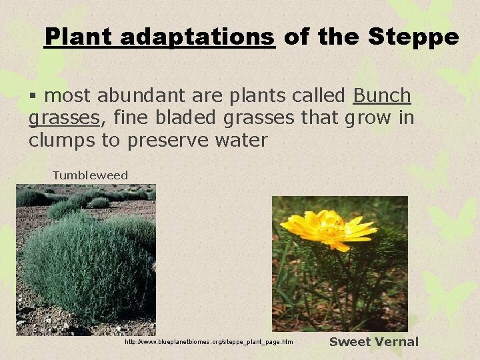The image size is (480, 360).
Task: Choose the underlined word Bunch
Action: click(x=382, y=97)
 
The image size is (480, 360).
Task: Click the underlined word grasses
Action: click(x=64, y=119)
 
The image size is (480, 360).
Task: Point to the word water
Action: click(x=241, y=141)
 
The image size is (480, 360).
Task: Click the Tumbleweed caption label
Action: click(x=90, y=175)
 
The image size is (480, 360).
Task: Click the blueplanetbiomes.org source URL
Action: click(x=209, y=342)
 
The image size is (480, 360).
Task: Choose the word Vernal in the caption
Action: click(x=397, y=342)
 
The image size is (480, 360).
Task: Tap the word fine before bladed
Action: click(x=132, y=119)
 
